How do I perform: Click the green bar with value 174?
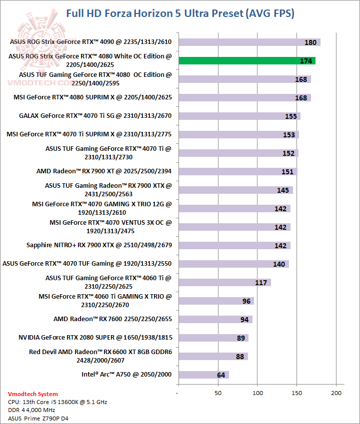[x=246, y=61]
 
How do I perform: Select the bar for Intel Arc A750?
[x=203, y=375]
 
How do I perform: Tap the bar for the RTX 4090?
[x=249, y=42]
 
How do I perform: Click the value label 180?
[x=310, y=42]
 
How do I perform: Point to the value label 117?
[x=261, y=283]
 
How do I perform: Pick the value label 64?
[x=221, y=375]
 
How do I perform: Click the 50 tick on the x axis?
[x=218, y=393]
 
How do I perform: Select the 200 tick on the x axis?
[x=336, y=393]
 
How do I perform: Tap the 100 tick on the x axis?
[x=257, y=393]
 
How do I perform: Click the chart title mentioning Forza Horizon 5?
[x=180, y=13]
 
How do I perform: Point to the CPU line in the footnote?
[x=57, y=402]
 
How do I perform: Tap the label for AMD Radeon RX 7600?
[x=112, y=319]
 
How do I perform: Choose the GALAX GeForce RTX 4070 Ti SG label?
[x=95, y=116]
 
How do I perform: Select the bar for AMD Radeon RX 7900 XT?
[x=237, y=172]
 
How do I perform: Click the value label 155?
[x=291, y=116]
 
